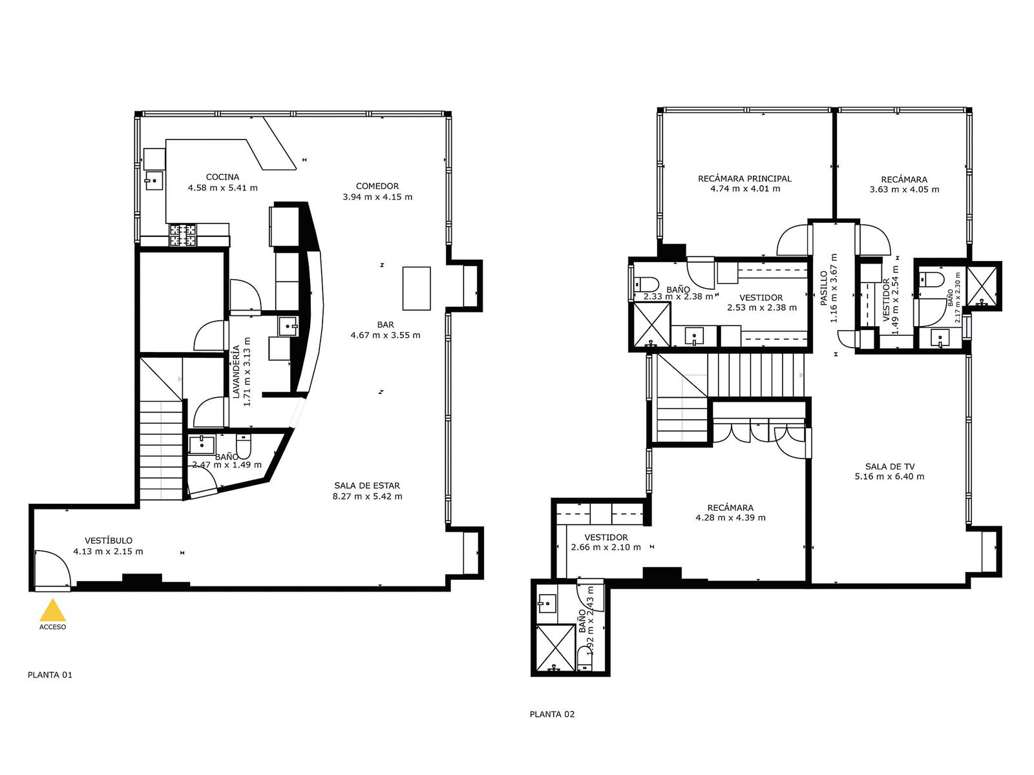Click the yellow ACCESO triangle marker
[52, 610]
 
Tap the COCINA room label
[222, 177]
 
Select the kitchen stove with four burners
[183, 235]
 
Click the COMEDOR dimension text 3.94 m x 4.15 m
[377, 197]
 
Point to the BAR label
[385, 325]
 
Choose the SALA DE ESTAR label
[367, 486]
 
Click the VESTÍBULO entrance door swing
[52, 570]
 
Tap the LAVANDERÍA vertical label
[236, 372]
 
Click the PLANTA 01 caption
[50, 675]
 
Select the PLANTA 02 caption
[552, 714]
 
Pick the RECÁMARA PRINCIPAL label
[744, 178]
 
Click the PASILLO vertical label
[823, 288]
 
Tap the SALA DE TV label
[890, 466]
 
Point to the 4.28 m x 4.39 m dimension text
[731, 517]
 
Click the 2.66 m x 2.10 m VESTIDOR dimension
[606, 547]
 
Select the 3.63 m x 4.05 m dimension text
[905, 190]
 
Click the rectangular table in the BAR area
[416, 289]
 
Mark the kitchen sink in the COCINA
[154, 181]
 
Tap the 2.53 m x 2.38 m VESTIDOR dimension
[762, 308]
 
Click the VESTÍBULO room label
[109, 540]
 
